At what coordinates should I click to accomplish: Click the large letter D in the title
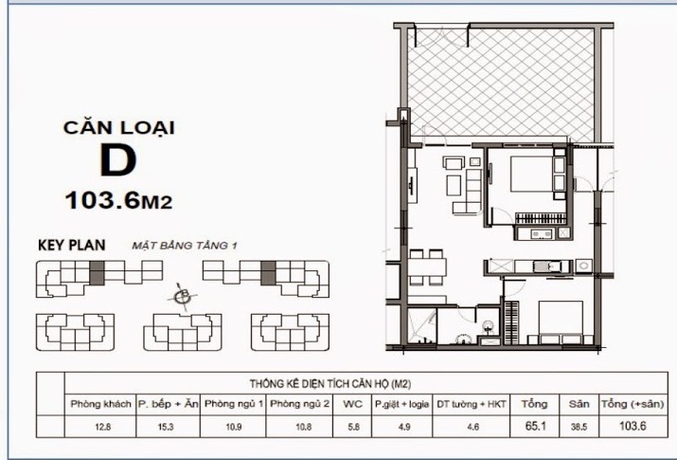click(118, 161)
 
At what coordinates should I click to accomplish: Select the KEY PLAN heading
click(71, 245)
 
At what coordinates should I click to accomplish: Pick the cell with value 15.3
click(168, 428)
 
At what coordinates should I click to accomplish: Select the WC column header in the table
click(352, 404)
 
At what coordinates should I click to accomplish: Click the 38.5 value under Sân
click(578, 428)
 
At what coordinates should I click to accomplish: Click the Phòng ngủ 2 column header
click(298, 404)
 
